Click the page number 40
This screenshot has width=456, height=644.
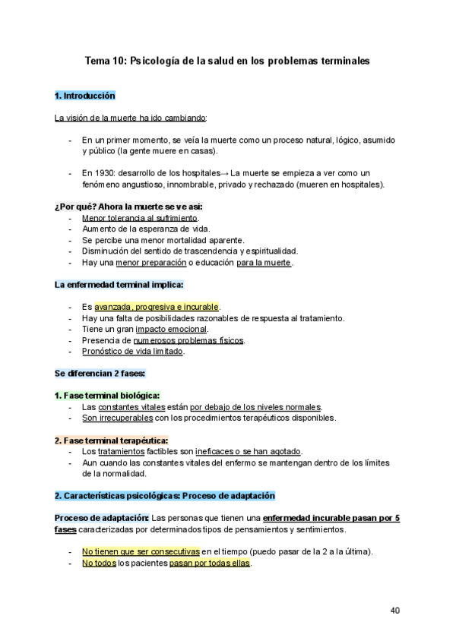point(395,610)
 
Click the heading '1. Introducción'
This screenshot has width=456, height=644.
point(84,96)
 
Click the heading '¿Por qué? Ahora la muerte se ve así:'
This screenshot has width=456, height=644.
point(128,207)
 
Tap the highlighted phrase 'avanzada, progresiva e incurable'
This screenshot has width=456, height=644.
point(157,307)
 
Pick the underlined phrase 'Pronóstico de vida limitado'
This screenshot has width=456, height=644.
point(132,352)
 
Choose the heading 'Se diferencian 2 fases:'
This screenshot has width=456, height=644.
point(100,374)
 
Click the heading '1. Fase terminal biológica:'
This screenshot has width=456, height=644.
point(106,396)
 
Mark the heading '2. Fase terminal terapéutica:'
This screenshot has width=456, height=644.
point(111,440)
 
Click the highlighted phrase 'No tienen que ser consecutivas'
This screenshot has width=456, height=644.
point(141,551)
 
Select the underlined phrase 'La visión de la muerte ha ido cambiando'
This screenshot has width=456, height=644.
point(131,118)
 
